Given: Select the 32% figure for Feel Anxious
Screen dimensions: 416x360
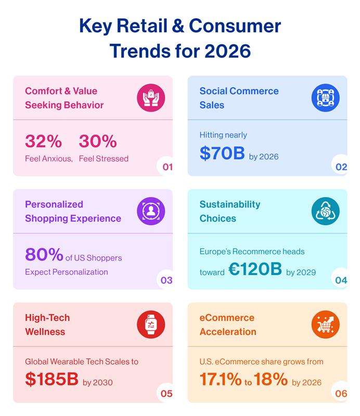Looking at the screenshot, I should point(43,141).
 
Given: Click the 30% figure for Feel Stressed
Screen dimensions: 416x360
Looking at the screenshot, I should point(98,141).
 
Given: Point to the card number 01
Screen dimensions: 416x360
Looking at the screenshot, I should point(167,167).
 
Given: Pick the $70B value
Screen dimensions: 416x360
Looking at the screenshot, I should point(222,153).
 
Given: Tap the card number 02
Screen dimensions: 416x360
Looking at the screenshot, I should point(341,167).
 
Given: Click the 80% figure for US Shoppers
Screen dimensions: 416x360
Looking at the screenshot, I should point(44,255).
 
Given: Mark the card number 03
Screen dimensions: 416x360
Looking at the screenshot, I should point(166,280).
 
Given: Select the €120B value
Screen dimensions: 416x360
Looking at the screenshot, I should point(255,269).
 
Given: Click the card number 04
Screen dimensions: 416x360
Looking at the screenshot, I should point(341,280).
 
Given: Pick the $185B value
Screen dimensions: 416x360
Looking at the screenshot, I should point(52,380).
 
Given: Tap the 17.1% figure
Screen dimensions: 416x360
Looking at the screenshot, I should point(221,380).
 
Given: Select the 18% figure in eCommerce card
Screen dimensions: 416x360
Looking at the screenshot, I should point(271,380).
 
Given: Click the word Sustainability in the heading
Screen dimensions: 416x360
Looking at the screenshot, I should point(230,204).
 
